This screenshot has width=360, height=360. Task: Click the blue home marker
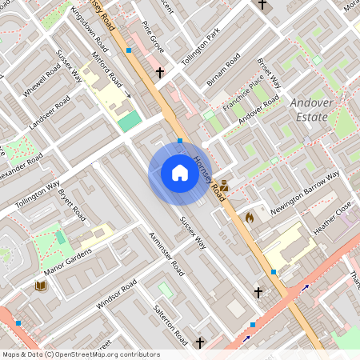tap(179, 173)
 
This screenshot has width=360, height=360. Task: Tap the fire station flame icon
tap(249, 216)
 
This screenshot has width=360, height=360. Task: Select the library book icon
tap(40, 286)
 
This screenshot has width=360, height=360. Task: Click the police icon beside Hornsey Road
tap(225, 186)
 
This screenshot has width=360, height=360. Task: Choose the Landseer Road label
tap(49, 112)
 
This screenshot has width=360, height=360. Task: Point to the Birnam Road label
tap(222, 71)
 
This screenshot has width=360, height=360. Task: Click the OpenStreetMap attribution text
tap(81, 354)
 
